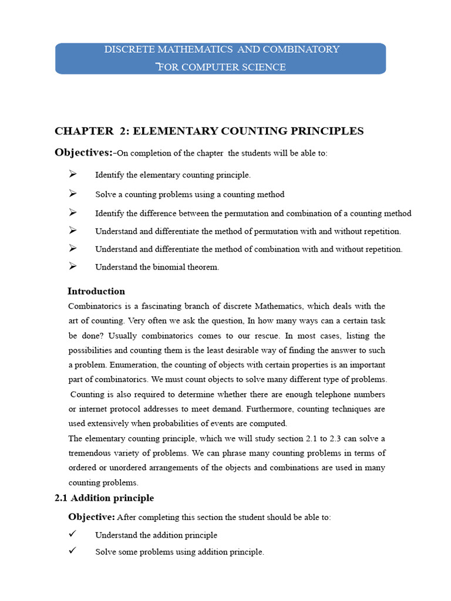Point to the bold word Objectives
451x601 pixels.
[x=83, y=153]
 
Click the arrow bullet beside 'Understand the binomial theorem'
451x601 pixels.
[x=73, y=266]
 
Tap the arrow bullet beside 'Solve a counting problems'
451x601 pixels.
[x=73, y=194]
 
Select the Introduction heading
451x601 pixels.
[x=96, y=291]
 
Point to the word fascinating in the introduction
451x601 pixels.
[x=167, y=306]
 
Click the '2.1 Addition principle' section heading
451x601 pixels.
[x=105, y=498]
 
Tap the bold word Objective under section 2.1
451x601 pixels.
[x=92, y=517]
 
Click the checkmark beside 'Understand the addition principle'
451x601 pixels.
[x=73, y=534]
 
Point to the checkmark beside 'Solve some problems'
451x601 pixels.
[x=73, y=551]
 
